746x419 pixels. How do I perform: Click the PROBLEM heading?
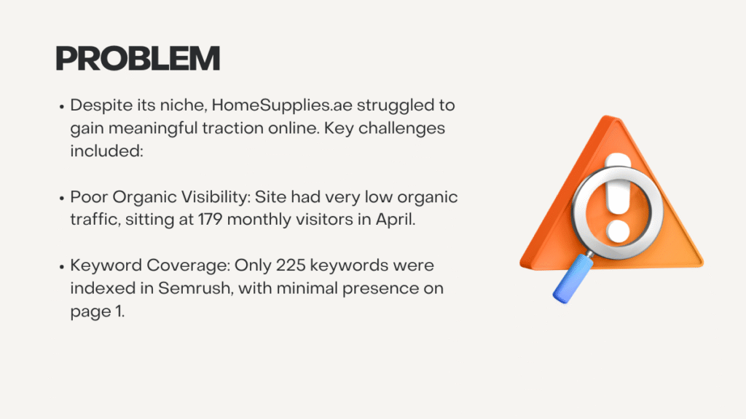(138, 58)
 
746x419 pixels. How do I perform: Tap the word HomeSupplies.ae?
(282, 105)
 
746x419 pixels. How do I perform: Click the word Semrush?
(195, 288)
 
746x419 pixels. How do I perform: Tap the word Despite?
(101, 105)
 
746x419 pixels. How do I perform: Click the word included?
(106, 151)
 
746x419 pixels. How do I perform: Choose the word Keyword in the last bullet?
(106, 265)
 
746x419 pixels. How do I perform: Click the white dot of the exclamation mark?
(618, 231)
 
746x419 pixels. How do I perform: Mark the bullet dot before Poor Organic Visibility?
(62, 198)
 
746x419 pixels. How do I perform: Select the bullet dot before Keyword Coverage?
(62, 266)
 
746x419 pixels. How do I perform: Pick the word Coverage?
(188, 266)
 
